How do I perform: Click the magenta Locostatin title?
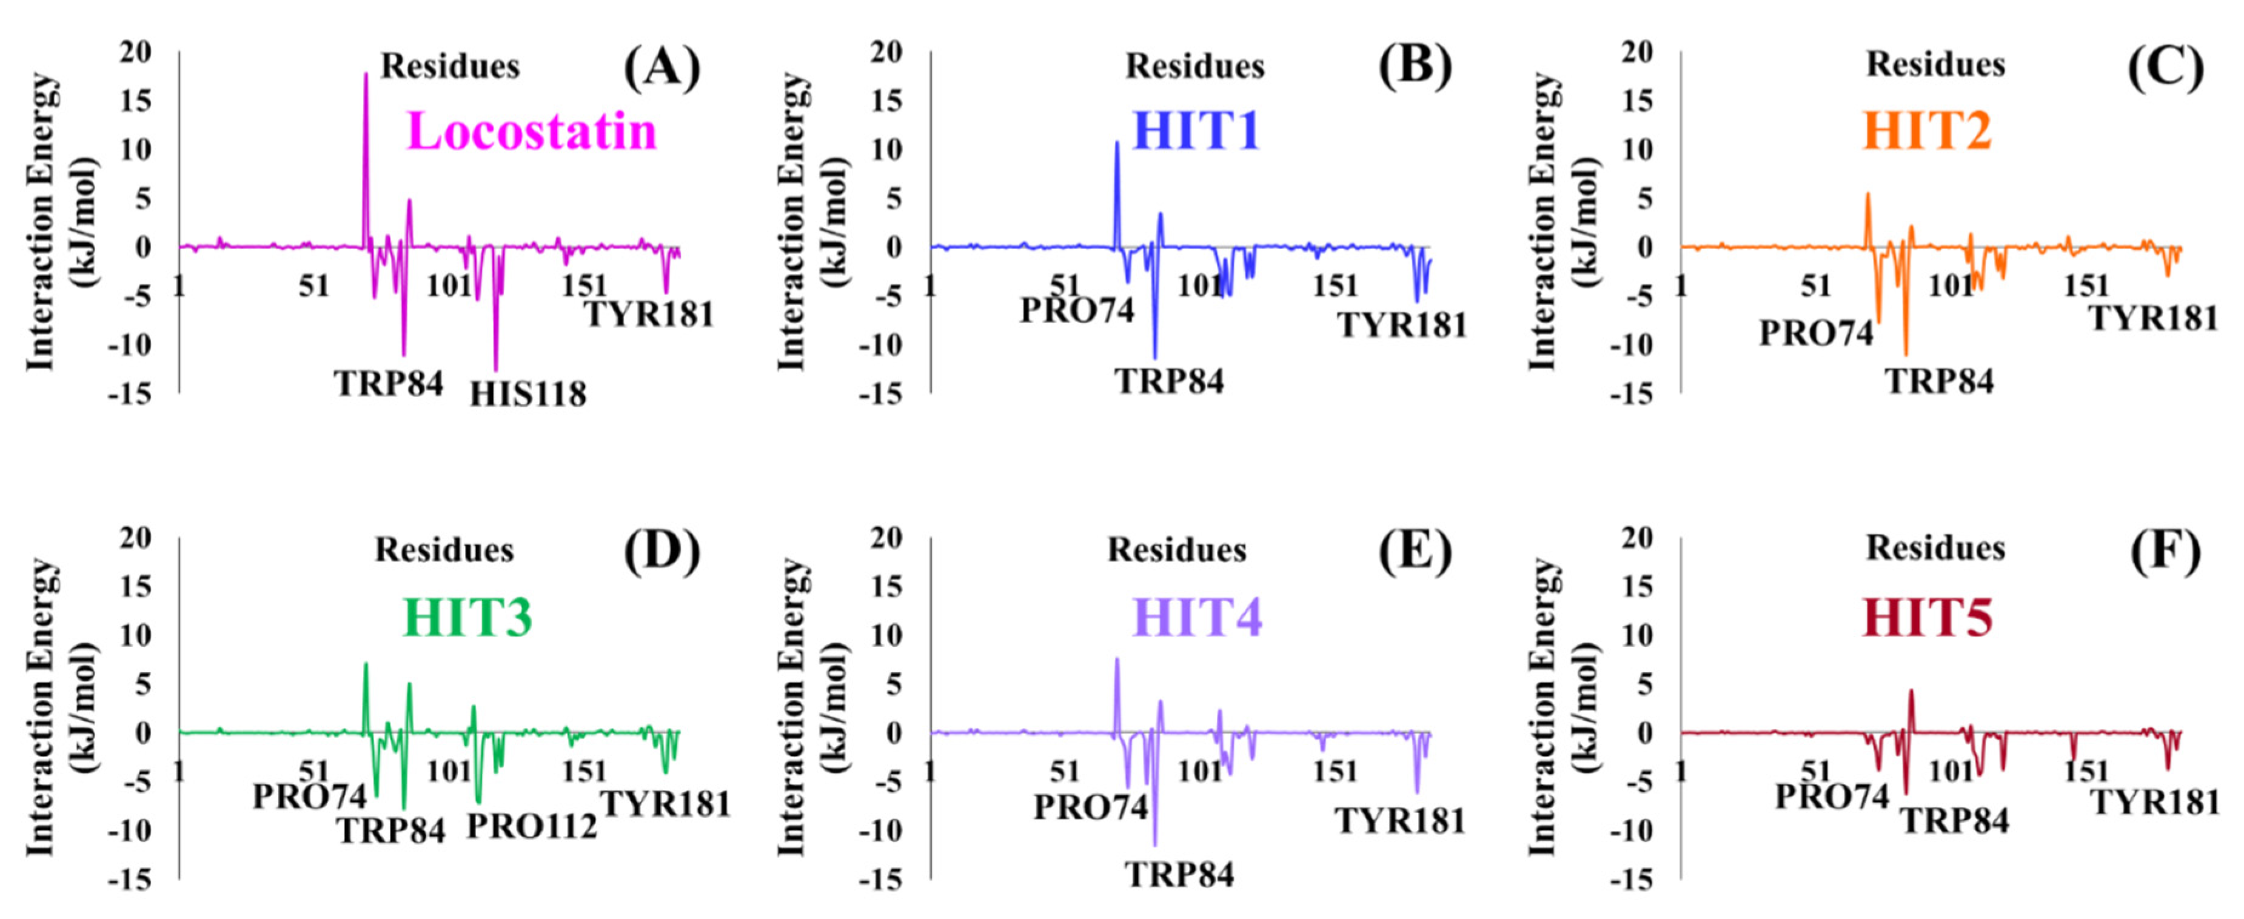tap(531, 132)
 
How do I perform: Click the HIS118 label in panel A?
tap(528, 395)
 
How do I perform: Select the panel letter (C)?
tap(2166, 68)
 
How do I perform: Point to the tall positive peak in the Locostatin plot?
tap(366, 78)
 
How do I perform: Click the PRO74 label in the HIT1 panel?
tap(1077, 310)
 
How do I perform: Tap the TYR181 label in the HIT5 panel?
tap(2155, 802)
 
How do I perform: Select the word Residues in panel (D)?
tap(444, 550)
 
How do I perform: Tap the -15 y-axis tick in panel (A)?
tap(129, 395)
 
